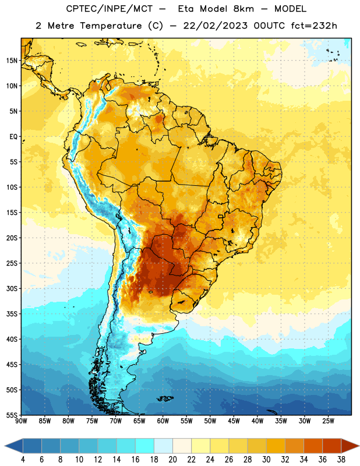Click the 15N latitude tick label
coord(12,61)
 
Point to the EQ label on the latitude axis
coord(13,137)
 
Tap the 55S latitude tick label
coord(12,415)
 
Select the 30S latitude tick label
coord(12,288)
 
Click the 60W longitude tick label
coord(163,421)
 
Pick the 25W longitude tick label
coord(328,421)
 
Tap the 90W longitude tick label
coord(21,421)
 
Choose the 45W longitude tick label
coord(234,421)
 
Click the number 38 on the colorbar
coord(341,460)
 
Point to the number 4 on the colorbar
coord(23,460)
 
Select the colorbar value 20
coord(172,460)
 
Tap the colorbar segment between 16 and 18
coord(145,446)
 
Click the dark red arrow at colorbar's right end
coord(350,446)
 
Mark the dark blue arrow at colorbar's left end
coord(14,446)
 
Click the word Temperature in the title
coord(111,26)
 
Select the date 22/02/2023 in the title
coord(215,26)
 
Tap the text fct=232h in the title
coord(314,26)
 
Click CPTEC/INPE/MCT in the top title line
coord(109,9)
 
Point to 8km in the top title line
coord(243,9)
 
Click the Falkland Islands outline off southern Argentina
coord(165,398)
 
